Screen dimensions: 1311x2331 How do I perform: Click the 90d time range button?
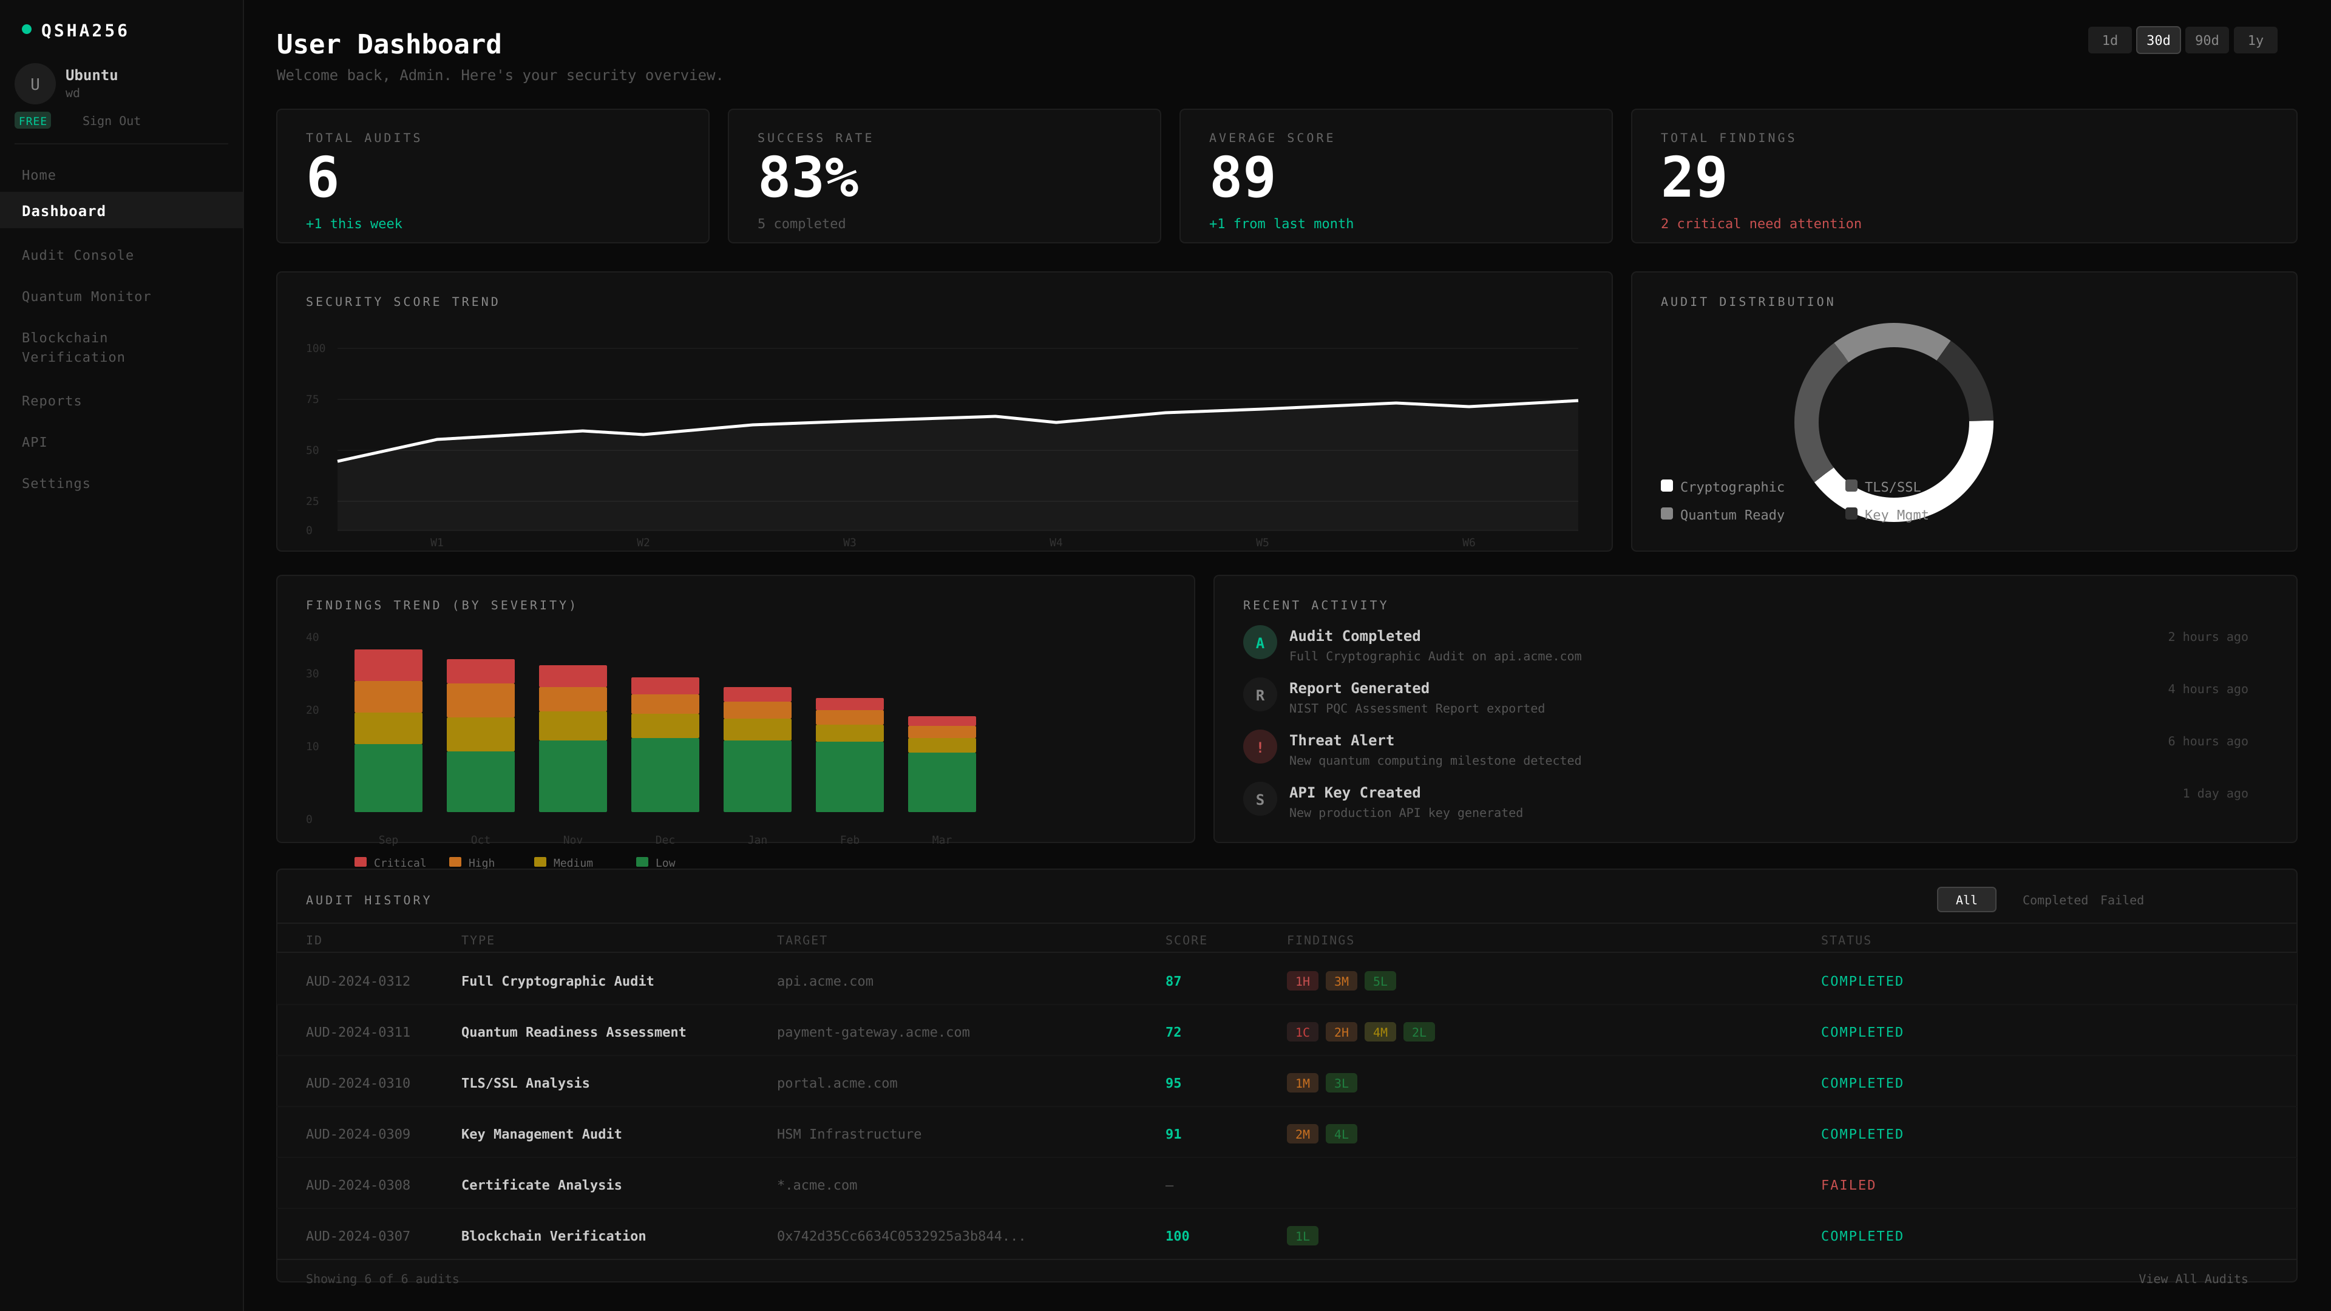tap(2206, 41)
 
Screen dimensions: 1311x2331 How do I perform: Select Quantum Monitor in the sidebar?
tap(86, 297)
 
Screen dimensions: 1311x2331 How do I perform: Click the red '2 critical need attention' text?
tap(1760, 223)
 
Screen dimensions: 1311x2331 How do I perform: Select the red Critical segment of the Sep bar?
tap(388, 665)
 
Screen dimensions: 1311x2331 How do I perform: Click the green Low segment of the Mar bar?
tap(941, 782)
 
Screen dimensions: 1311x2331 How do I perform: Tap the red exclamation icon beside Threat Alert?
tap(1259, 747)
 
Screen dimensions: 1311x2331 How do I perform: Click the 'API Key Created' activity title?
tap(1354, 793)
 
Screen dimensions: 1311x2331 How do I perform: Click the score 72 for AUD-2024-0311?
tap(1173, 1032)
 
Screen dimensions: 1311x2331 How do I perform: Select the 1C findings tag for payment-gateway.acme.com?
tap(1301, 1032)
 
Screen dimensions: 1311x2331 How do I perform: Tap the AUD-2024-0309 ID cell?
tap(358, 1134)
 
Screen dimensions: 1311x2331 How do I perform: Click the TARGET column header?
tap(801, 940)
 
